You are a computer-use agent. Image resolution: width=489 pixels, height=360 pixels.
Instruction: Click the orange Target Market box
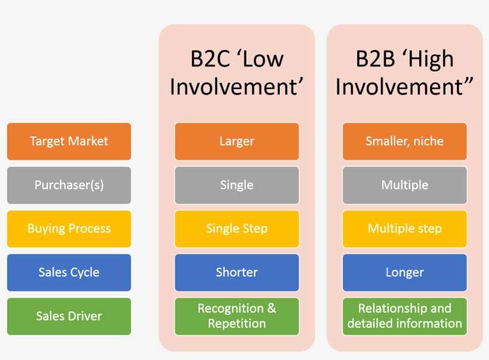[x=69, y=141]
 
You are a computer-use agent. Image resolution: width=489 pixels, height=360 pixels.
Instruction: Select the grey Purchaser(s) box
[x=69, y=185]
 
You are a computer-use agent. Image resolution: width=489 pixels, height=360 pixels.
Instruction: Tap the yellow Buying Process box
[x=69, y=228]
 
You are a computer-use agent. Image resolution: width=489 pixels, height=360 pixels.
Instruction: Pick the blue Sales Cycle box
[x=69, y=272]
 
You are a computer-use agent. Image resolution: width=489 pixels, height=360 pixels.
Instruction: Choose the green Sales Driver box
[x=69, y=316]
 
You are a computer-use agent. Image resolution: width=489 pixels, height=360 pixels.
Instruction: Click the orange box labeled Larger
[x=237, y=141]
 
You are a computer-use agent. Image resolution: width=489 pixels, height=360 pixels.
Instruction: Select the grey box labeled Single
[x=237, y=185]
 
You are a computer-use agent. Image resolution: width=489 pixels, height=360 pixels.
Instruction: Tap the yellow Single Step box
[x=237, y=228]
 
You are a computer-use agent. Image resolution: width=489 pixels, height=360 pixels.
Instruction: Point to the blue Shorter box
[x=237, y=272]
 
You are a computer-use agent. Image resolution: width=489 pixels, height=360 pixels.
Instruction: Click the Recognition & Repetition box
[x=237, y=316]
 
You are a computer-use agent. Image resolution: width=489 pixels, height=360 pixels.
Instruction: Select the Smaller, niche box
[x=404, y=141]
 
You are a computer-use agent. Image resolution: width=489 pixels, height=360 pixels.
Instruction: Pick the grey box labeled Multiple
[x=404, y=185]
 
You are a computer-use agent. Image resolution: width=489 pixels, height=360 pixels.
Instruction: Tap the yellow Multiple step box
[x=404, y=228]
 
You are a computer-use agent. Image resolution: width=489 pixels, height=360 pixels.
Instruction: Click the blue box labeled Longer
[x=404, y=272]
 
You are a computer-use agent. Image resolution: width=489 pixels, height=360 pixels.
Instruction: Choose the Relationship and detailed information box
[x=404, y=316]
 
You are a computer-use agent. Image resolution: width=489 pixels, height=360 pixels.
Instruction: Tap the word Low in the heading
[x=262, y=59]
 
